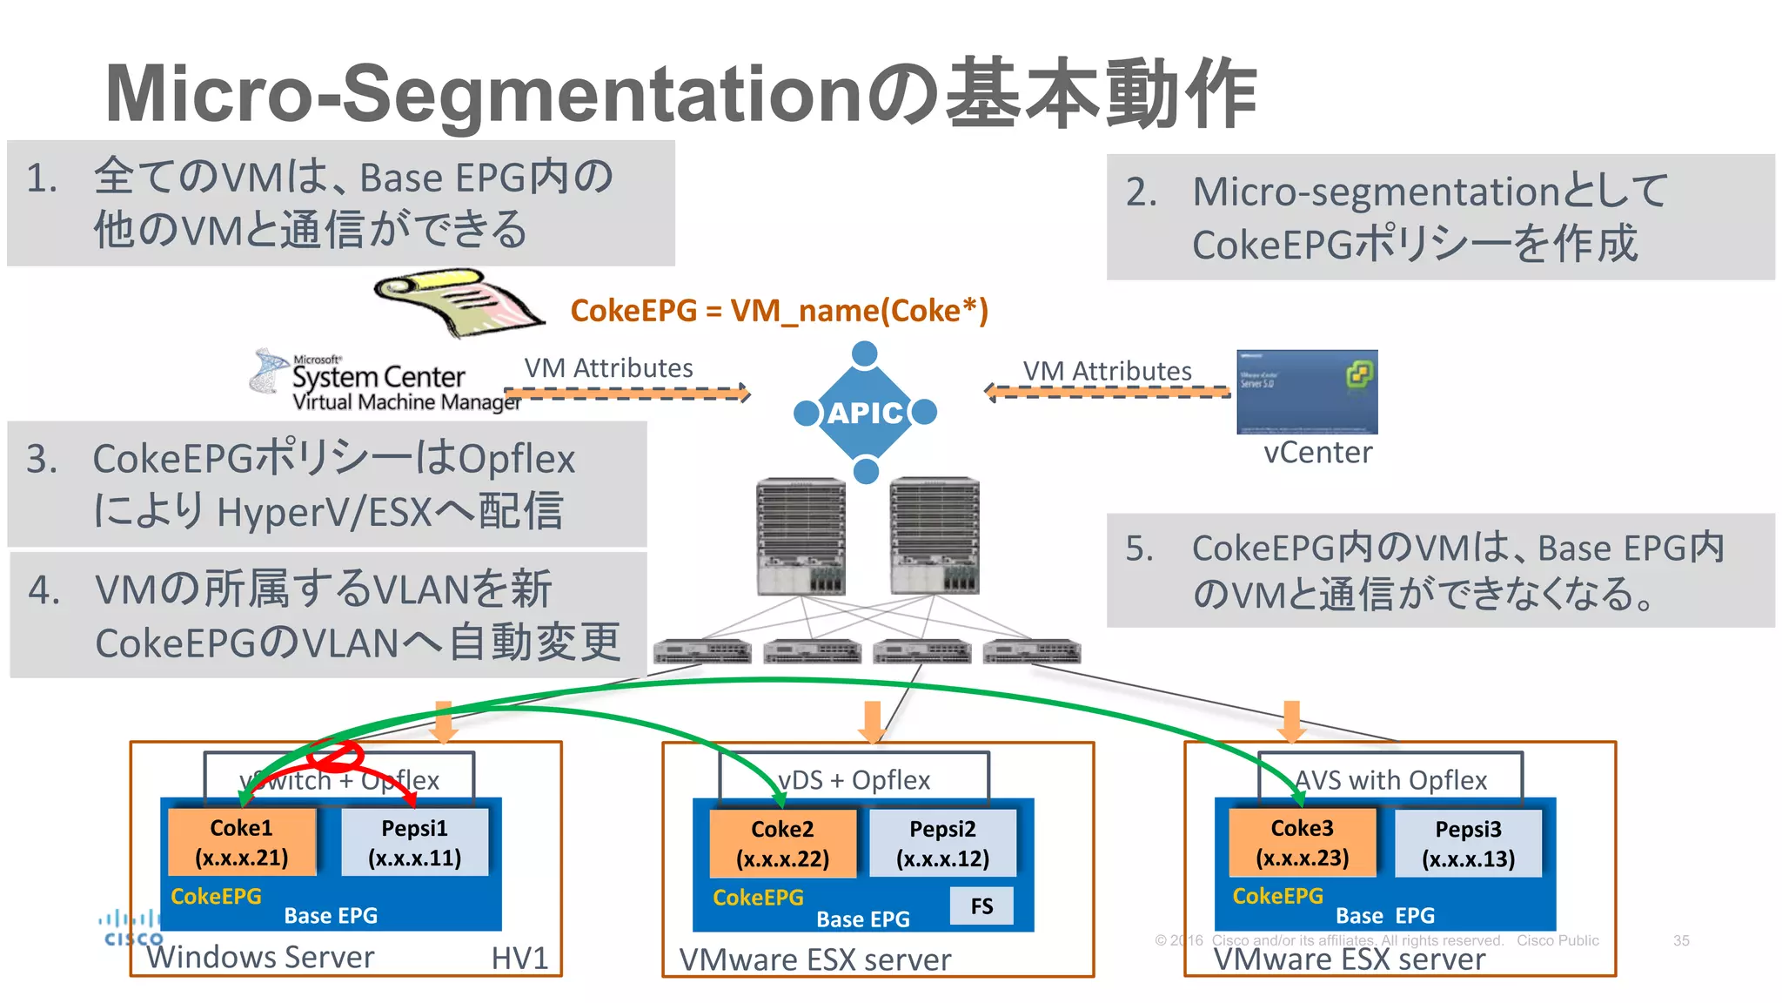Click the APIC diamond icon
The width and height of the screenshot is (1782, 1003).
(x=865, y=412)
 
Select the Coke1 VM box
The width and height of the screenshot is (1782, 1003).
(x=241, y=842)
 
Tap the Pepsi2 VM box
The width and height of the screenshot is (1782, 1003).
(x=942, y=843)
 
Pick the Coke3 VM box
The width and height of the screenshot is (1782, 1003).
(x=1302, y=842)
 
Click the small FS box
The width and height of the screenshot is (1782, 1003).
(x=981, y=905)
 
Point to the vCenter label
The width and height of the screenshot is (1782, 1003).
(x=1317, y=453)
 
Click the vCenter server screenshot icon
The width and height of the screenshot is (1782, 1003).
(x=1307, y=392)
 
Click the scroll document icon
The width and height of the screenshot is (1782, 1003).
(x=459, y=302)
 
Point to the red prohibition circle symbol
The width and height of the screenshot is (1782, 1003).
(x=335, y=754)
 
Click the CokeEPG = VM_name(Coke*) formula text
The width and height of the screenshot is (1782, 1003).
(x=779, y=311)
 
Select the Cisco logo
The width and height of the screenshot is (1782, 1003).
(x=131, y=928)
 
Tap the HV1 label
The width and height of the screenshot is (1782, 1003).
(x=519, y=959)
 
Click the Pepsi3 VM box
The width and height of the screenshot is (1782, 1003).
(x=1468, y=843)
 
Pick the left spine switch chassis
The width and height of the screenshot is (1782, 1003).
(x=801, y=536)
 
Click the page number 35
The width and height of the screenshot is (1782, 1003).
(x=1680, y=940)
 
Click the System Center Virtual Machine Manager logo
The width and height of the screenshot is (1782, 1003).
(x=383, y=381)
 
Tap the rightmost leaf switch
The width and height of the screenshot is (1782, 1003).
(x=1031, y=651)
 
